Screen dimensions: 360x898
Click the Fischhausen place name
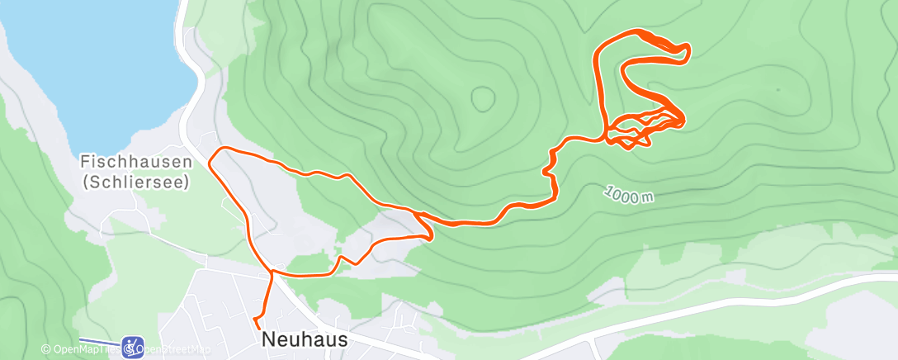(x=135, y=163)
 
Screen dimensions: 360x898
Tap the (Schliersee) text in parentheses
(x=135, y=181)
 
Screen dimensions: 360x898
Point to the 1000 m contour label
(x=628, y=195)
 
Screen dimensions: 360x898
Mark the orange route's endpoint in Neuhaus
(x=255, y=318)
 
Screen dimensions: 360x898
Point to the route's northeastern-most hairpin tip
(x=687, y=52)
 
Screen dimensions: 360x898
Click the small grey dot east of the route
(x=777, y=89)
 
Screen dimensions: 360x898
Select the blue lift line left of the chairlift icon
(x=99, y=341)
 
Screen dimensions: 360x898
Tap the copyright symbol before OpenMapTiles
(x=45, y=349)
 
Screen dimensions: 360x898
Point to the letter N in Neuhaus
(x=267, y=339)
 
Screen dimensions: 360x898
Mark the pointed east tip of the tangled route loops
(x=684, y=121)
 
